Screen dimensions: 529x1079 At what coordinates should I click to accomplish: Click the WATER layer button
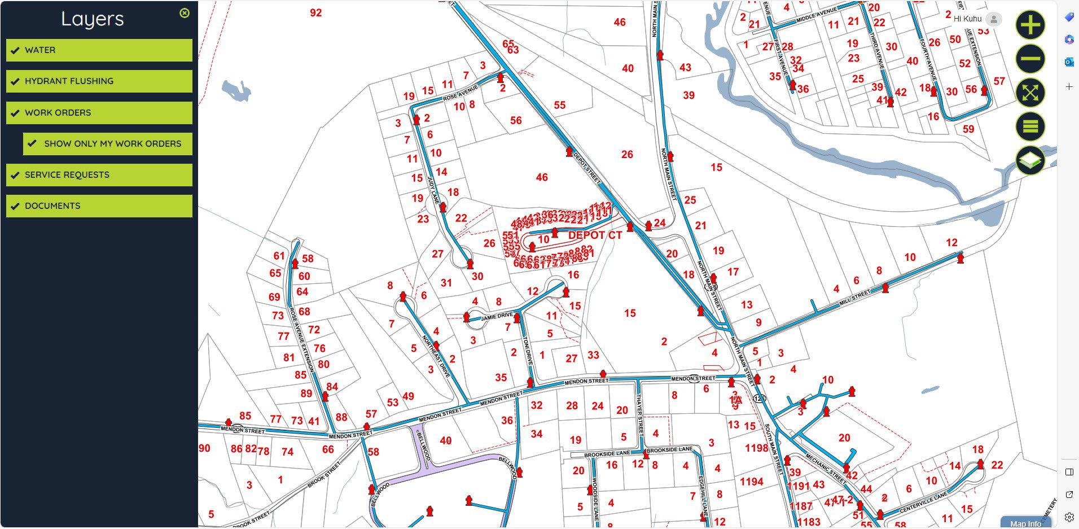click(99, 50)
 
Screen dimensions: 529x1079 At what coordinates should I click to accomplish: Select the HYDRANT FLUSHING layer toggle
click(99, 81)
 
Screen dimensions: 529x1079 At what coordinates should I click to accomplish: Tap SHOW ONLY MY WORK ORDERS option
click(108, 144)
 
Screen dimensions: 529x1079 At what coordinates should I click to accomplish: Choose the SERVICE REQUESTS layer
click(99, 175)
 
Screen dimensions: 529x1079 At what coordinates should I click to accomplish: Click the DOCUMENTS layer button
click(99, 206)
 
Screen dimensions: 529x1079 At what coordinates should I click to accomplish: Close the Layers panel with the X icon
click(185, 13)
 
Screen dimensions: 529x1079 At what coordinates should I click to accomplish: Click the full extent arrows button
click(1030, 93)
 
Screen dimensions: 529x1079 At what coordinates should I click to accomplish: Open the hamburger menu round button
click(1030, 126)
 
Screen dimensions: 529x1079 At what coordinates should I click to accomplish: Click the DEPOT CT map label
click(595, 235)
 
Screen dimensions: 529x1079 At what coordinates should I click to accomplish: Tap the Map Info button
click(1025, 523)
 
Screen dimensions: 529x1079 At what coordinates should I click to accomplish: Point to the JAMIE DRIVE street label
click(497, 316)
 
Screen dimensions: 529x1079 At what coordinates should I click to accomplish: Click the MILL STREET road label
click(855, 297)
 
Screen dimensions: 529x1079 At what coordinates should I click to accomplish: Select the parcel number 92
click(315, 13)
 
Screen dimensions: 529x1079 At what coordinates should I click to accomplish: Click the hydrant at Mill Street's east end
click(960, 258)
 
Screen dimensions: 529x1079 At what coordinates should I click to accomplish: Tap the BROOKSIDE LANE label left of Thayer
click(607, 454)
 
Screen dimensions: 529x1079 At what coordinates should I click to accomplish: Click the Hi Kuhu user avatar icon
click(994, 19)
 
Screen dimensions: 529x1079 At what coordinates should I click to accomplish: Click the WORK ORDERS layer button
click(99, 113)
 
